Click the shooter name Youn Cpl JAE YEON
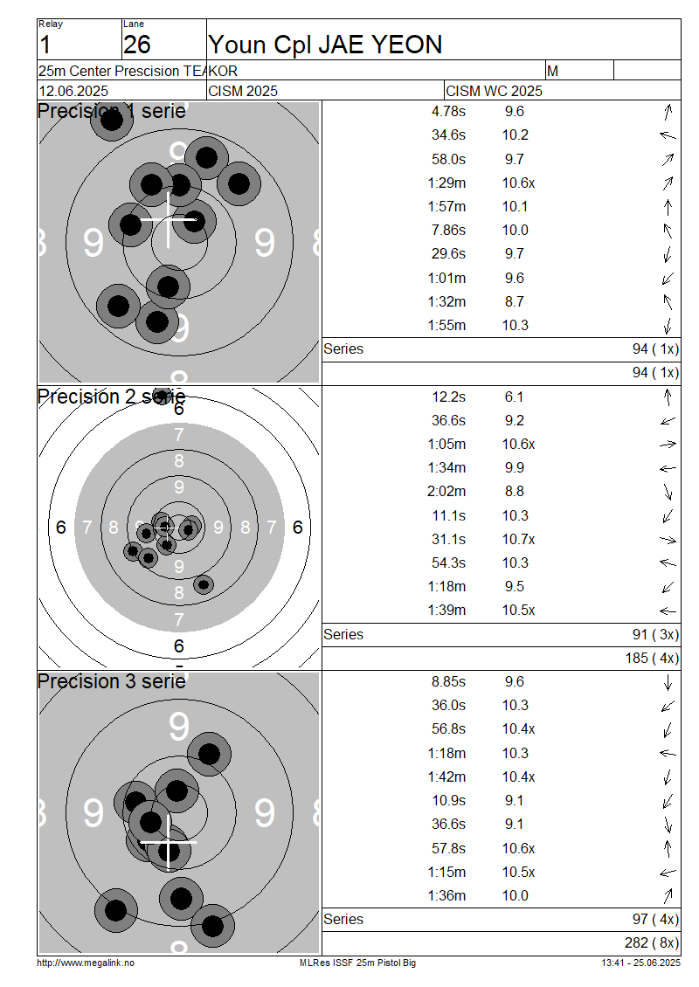pos(325,45)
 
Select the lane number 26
pos(136,45)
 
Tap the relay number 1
pos(45,45)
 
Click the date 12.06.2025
pos(73,91)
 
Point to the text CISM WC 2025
pos(494,91)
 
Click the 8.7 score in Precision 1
pos(514,301)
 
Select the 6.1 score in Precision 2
pos(514,397)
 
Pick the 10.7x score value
pos(518,540)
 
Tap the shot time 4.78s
pos(448,112)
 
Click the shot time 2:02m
pos(446,492)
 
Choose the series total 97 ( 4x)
pos(655,920)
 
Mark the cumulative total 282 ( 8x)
pos(652,943)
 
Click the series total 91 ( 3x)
pos(655,634)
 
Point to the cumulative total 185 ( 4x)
pos(652,659)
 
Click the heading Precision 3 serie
pos(112,681)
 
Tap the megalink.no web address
pos(86,963)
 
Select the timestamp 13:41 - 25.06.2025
pos(640,963)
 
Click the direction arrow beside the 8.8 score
pos(668,492)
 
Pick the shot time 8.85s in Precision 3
pos(448,681)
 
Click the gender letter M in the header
pos(553,71)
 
